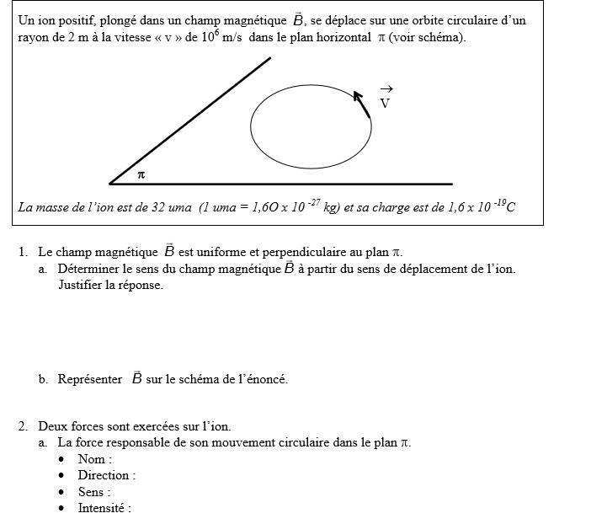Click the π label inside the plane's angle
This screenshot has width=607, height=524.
tap(141, 174)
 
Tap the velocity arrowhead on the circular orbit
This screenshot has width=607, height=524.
tap(358, 95)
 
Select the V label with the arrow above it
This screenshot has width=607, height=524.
tap(385, 102)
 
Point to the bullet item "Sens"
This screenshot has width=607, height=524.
tap(92, 492)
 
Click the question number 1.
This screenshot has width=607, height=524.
tap(22, 252)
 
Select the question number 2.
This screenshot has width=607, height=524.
tap(22, 426)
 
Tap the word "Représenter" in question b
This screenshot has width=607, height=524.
tap(90, 379)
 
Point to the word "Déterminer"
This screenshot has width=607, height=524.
tap(90, 269)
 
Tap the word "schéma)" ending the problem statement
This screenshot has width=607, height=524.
tap(443, 39)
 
